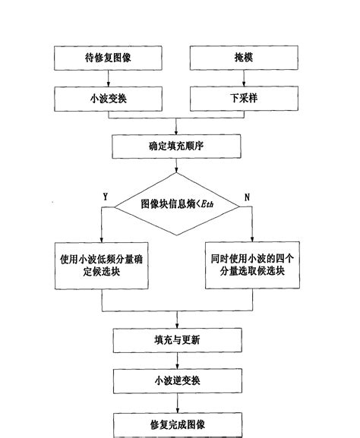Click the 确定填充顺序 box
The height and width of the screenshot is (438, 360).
coord(177,144)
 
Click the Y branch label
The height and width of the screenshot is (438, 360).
coord(105,197)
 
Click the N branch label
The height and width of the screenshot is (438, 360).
coord(248,197)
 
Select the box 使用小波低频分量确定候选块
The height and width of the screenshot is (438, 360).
coord(102,265)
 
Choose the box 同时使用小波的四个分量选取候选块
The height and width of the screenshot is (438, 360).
coord(253,265)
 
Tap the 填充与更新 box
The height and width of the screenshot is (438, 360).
coord(177,339)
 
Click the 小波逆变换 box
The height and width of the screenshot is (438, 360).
coord(177,380)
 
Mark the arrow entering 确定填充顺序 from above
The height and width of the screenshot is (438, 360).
coord(177,126)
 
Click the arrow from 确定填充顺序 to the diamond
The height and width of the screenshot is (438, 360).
coord(177,165)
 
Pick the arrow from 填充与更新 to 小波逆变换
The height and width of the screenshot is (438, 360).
coord(177,360)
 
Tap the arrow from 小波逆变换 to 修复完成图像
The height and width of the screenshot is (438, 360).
coord(177,400)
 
